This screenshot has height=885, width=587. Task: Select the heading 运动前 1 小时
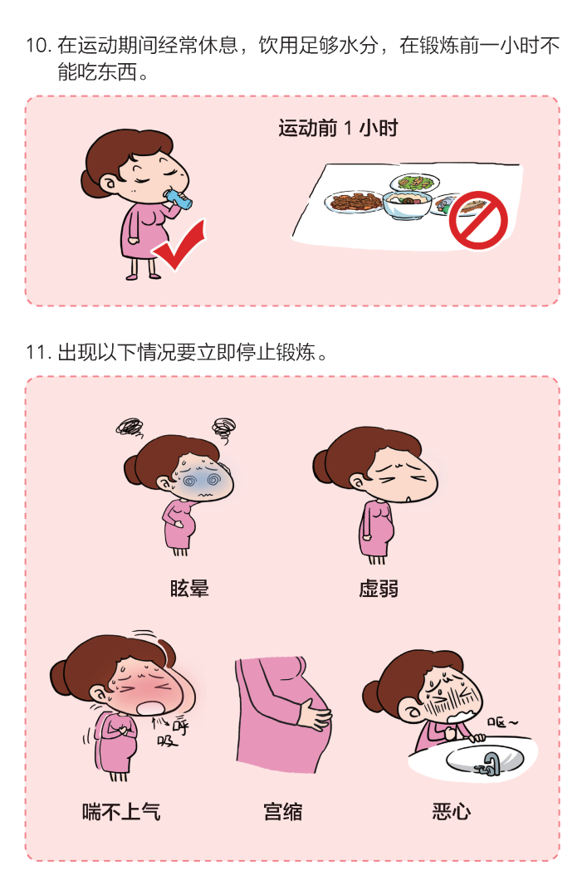tap(338, 129)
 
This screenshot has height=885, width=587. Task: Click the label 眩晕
tap(188, 589)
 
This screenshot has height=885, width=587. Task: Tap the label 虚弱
tap(379, 589)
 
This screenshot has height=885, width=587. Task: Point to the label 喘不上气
tap(121, 811)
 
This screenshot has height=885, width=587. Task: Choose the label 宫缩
tap(282, 811)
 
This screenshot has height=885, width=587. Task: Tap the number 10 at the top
tap(38, 46)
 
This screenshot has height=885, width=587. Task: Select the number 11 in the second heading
tap(37, 353)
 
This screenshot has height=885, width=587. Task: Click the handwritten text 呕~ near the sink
tap(502, 724)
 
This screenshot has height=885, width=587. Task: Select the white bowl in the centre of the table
tap(406, 203)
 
